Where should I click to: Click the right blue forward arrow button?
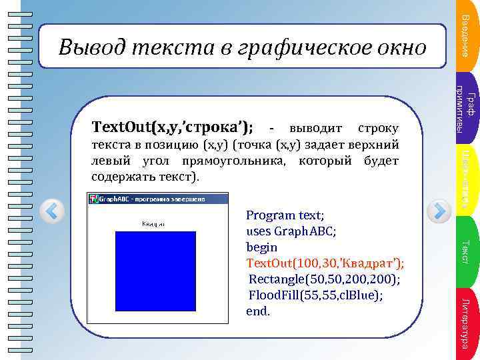coord(439,212)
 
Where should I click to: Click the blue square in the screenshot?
coord(155,269)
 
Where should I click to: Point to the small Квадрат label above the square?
coord(154,225)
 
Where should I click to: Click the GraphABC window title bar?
coord(158,199)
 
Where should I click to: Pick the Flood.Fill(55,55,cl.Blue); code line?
coord(315,295)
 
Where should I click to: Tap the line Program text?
coord(285,215)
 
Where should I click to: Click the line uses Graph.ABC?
coord(291,231)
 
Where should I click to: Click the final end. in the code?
coord(258,311)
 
